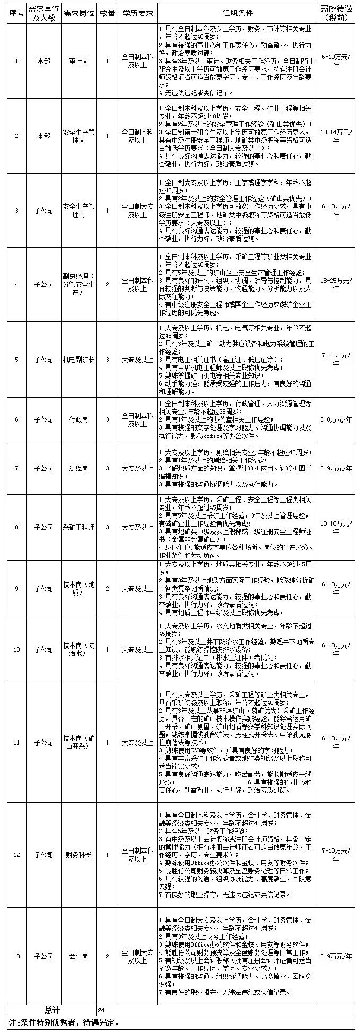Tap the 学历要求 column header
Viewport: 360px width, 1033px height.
click(x=137, y=13)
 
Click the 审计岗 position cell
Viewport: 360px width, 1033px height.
click(x=78, y=62)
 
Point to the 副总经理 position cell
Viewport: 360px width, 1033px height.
click(x=78, y=285)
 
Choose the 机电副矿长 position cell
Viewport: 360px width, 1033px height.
click(x=78, y=360)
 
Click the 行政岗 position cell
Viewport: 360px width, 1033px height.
click(x=78, y=420)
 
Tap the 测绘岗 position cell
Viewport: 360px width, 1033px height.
click(x=78, y=469)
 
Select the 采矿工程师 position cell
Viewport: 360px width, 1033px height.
click(x=78, y=528)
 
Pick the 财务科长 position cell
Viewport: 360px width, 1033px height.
click(x=78, y=855)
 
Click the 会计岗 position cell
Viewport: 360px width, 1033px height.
click(x=78, y=956)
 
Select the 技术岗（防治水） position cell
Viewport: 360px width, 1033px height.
click(x=78, y=650)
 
